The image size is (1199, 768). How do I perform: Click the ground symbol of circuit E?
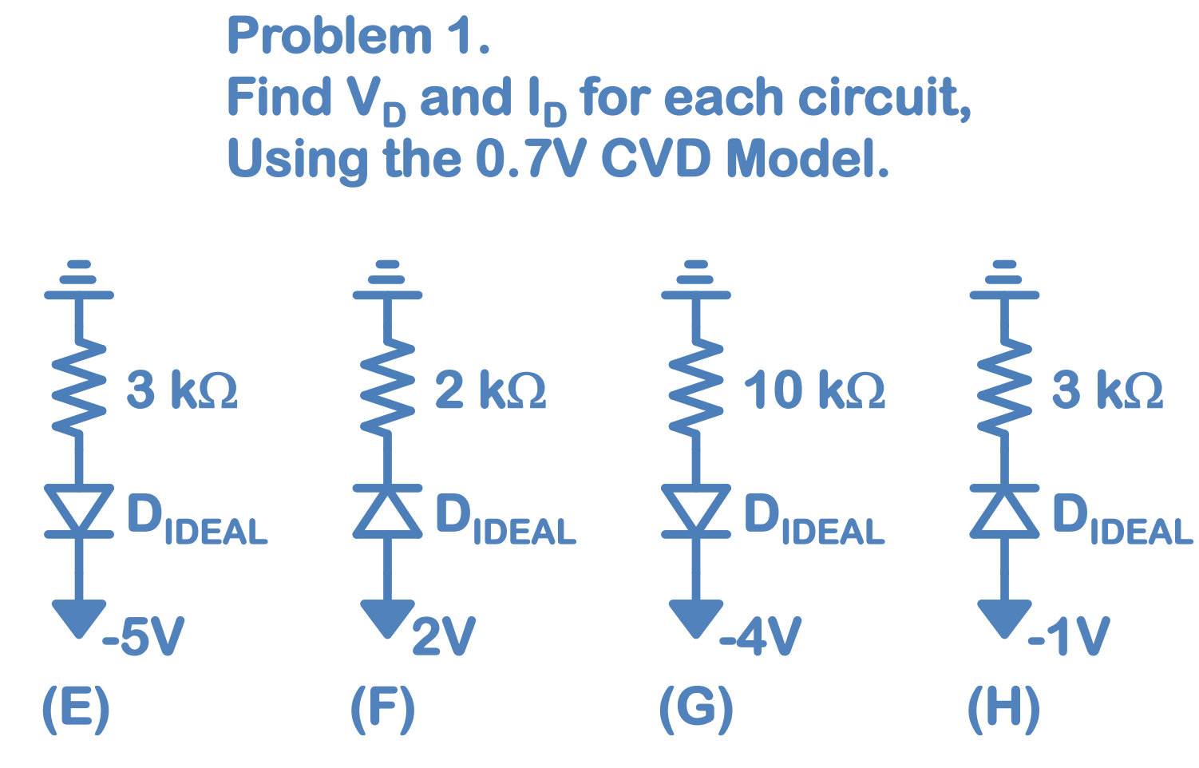[x=78, y=280]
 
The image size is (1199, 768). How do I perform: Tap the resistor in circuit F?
[x=387, y=389]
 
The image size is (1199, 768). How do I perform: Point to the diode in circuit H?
[x=1004, y=511]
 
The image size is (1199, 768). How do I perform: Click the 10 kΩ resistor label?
[x=814, y=390]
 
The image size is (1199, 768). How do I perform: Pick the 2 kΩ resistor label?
[x=490, y=390]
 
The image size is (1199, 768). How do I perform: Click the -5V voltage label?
[x=144, y=637]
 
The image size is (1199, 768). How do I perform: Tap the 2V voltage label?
[x=444, y=637]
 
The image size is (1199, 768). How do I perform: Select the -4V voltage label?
[x=760, y=637]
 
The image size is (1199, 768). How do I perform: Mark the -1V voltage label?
[x=1068, y=637]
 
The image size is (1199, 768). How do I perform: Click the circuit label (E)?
[x=76, y=708]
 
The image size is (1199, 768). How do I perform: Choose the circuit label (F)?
[x=383, y=708]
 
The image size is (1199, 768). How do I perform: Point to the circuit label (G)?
[x=696, y=708]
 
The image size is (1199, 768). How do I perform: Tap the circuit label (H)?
[x=1003, y=708]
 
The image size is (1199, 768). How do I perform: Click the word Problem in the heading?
[x=330, y=37]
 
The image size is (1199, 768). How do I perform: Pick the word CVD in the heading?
[x=655, y=159]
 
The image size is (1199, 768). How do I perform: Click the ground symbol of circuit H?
[x=1004, y=280]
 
